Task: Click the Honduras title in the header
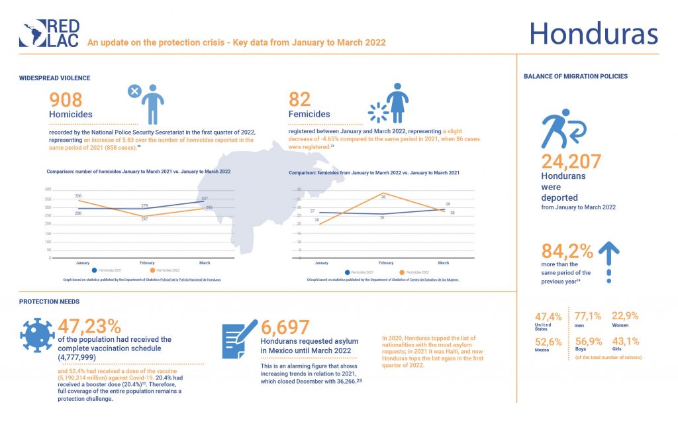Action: pos(593,34)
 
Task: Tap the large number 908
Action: pos(66,100)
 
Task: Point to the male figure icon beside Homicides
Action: pos(153,104)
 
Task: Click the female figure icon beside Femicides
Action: pos(397,103)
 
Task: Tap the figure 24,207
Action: pos(571,162)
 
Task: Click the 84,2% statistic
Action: pos(567,252)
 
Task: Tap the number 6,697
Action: pos(285,327)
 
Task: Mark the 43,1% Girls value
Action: pos(621,341)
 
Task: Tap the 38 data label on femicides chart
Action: pos(383,195)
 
